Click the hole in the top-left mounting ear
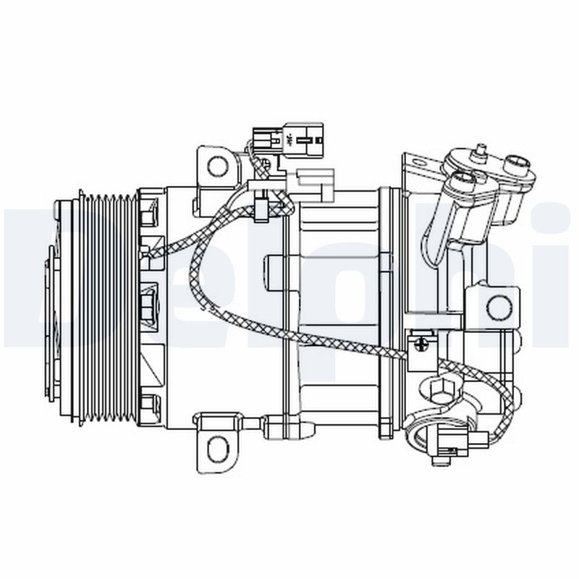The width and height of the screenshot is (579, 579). [x=217, y=166]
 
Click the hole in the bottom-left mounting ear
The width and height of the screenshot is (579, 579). [x=217, y=446]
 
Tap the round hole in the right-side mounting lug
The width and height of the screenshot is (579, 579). [x=498, y=307]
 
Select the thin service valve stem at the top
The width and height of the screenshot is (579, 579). [x=478, y=151]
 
